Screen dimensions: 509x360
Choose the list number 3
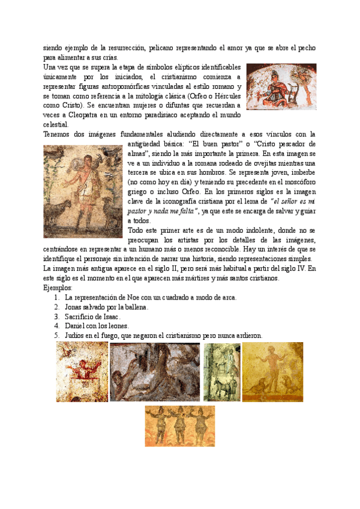coord(56,316)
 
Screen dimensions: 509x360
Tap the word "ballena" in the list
coord(134,307)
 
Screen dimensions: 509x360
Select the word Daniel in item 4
coord(77,326)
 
